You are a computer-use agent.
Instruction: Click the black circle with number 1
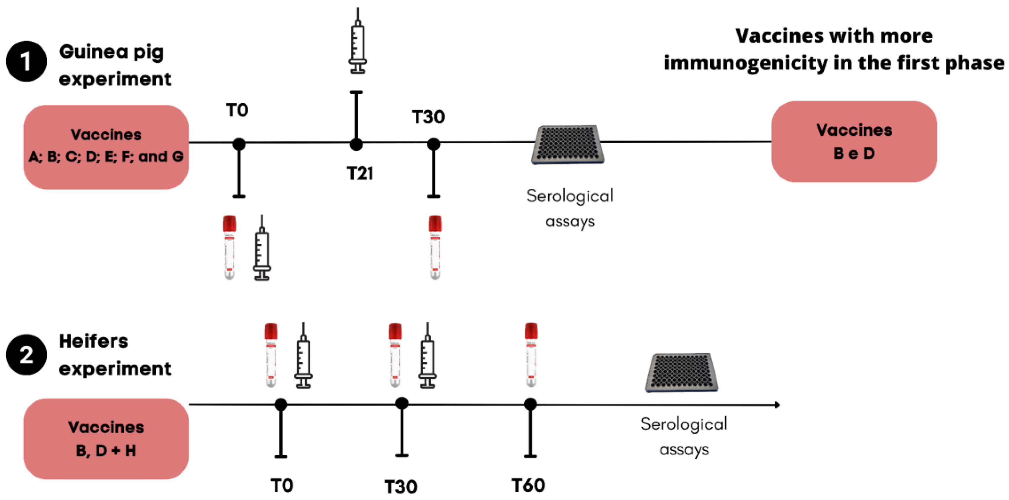click(26, 61)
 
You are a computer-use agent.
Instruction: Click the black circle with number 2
click(26, 355)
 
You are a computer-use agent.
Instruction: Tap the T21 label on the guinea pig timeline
click(360, 173)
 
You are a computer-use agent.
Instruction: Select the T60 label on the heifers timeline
click(528, 485)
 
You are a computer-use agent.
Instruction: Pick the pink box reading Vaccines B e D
click(854, 141)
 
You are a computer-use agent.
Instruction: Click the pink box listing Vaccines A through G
click(106, 147)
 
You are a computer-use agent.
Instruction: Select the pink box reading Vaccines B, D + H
click(106, 439)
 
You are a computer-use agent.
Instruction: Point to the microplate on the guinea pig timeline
click(568, 145)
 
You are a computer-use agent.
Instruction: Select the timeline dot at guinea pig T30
click(433, 144)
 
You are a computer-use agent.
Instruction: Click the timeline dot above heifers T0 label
click(280, 405)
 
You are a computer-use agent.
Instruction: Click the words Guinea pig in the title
click(111, 52)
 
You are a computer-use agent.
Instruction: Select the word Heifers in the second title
click(94, 341)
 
